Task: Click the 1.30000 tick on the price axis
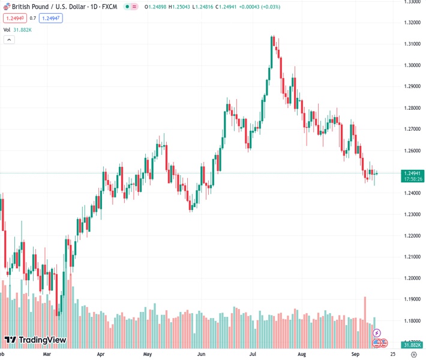[x=411, y=65]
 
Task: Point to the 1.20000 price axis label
[x=411, y=278]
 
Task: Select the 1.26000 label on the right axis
[x=411, y=150]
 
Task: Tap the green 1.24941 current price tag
[x=411, y=173]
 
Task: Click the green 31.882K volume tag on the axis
[x=411, y=345]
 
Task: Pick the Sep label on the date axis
[x=355, y=354]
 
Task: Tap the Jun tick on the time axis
[x=202, y=354]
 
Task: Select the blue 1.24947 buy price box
[x=50, y=18]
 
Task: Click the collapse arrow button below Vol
[x=8, y=40]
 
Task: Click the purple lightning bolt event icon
[x=377, y=332]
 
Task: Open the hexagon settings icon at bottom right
[x=414, y=354]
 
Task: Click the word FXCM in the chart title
[x=109, y=7]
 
